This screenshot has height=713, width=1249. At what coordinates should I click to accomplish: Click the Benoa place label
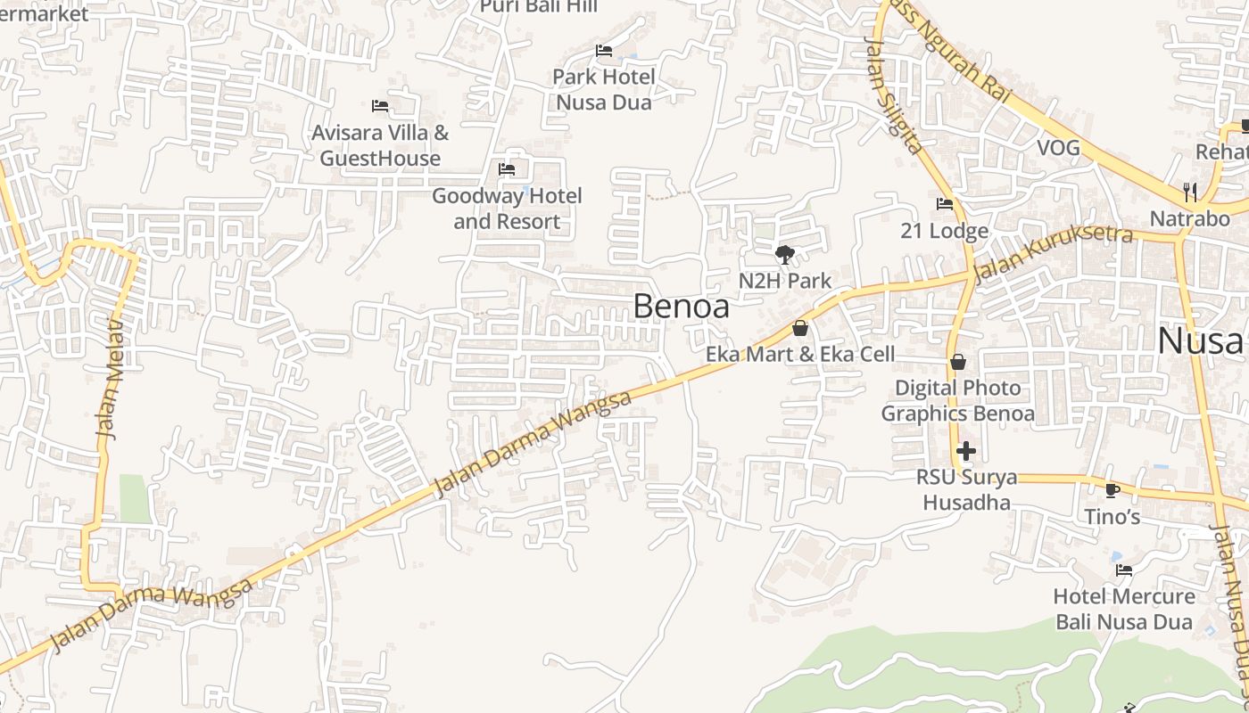681,307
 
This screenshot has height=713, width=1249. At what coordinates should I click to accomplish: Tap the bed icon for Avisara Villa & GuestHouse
380,106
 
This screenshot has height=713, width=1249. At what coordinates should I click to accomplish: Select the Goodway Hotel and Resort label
507,209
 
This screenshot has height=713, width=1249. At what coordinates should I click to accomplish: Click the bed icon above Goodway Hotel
507,168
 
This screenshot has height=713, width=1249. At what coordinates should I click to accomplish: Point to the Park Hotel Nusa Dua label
604,89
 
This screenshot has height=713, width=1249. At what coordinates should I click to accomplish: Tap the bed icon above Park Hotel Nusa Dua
604,51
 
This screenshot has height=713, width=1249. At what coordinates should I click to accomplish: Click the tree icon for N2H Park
785,255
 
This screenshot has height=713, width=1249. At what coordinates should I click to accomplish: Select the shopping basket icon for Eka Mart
800,328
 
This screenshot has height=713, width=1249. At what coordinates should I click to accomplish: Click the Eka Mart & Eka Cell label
800,354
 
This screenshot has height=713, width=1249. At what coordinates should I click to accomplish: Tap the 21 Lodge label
945,231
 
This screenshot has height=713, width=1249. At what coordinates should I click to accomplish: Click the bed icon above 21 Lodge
945,204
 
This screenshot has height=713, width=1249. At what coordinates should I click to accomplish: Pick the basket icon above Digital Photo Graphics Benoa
958,362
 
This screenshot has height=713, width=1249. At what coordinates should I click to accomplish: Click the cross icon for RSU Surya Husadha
965,451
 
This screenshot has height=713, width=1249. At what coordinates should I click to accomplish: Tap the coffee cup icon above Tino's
1112,490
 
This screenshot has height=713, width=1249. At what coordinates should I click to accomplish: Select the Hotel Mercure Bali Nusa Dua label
1124,609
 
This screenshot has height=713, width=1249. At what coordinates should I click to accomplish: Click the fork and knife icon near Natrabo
1190,191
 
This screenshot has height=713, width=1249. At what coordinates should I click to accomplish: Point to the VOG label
1058,147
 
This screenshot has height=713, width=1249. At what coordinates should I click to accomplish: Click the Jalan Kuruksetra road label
1053,254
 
